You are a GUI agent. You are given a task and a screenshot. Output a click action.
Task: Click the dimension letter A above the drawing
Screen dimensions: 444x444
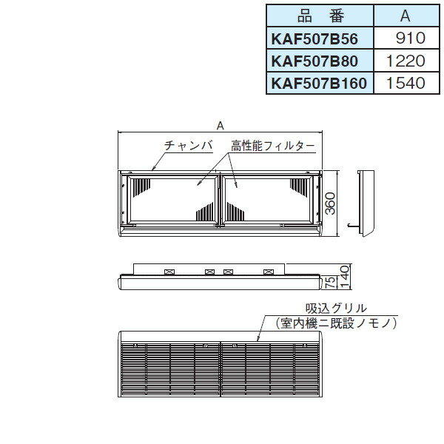tap(220, 126)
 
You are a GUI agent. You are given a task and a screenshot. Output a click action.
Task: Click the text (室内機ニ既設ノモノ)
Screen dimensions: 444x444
tap(336, 323)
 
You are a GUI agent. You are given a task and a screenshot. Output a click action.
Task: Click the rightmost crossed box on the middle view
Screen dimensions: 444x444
tap(267, 272)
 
